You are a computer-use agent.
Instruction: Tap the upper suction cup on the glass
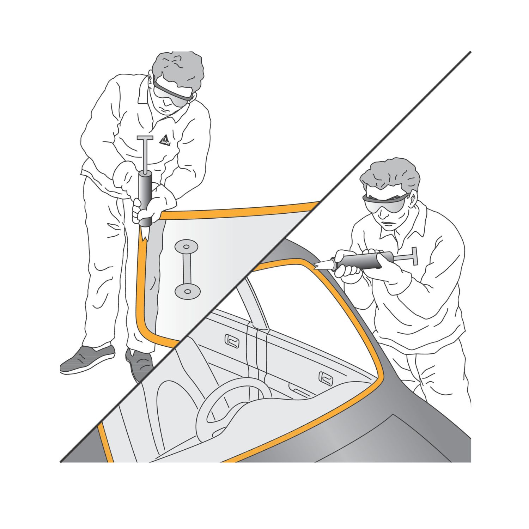[186, 246]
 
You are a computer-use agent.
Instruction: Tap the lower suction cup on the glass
[188, 291]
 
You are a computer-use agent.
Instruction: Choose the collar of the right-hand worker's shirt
[402, 227]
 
